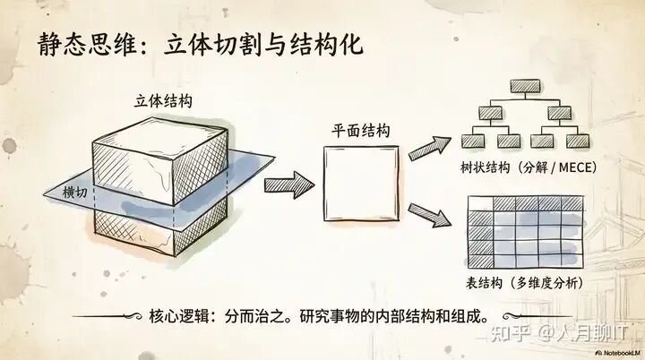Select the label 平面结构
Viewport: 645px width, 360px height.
coord(357,130)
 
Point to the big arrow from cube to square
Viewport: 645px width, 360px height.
coord(289,184)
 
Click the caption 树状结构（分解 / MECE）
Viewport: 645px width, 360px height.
coord(529,167)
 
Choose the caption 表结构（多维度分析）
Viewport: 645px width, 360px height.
coord(524,283)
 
